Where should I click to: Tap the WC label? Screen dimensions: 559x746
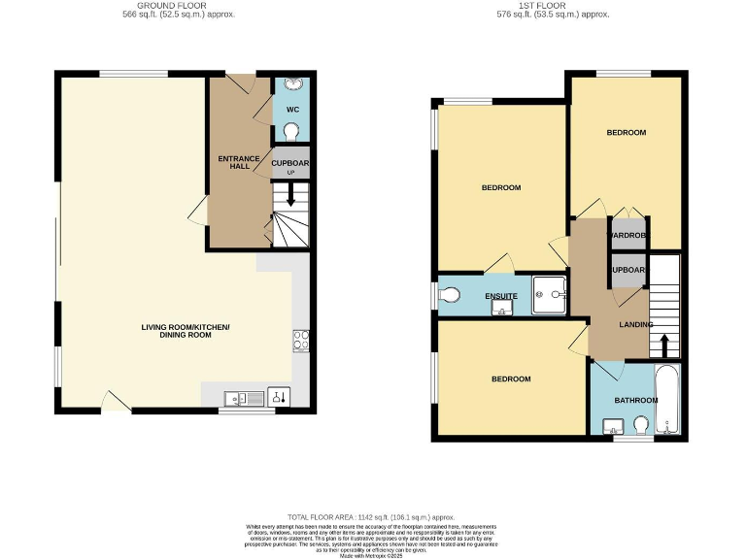(292, 110)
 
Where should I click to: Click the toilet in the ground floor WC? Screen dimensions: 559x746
(291, 131)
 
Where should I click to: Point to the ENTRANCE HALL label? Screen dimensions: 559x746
(239, 162)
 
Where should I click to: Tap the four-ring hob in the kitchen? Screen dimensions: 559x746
(300, 340)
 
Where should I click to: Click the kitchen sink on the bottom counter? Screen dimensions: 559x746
(239, 397)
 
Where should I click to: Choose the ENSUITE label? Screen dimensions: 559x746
(501, 295)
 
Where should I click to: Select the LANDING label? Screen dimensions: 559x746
(636, 324)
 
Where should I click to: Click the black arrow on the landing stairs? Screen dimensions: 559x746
(664, 345)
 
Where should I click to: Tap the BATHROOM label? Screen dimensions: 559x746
(636, 400)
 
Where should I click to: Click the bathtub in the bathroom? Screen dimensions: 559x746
(669, 400)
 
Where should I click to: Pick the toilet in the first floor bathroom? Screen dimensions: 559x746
(641, 425)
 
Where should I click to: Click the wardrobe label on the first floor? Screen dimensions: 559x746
(627, 235)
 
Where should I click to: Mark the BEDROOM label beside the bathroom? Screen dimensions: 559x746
(510, 378)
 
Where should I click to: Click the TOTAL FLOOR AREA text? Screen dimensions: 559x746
(371, 517)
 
